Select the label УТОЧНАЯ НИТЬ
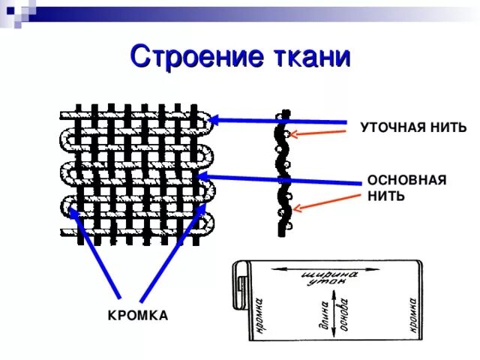click(x=413, y=127)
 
